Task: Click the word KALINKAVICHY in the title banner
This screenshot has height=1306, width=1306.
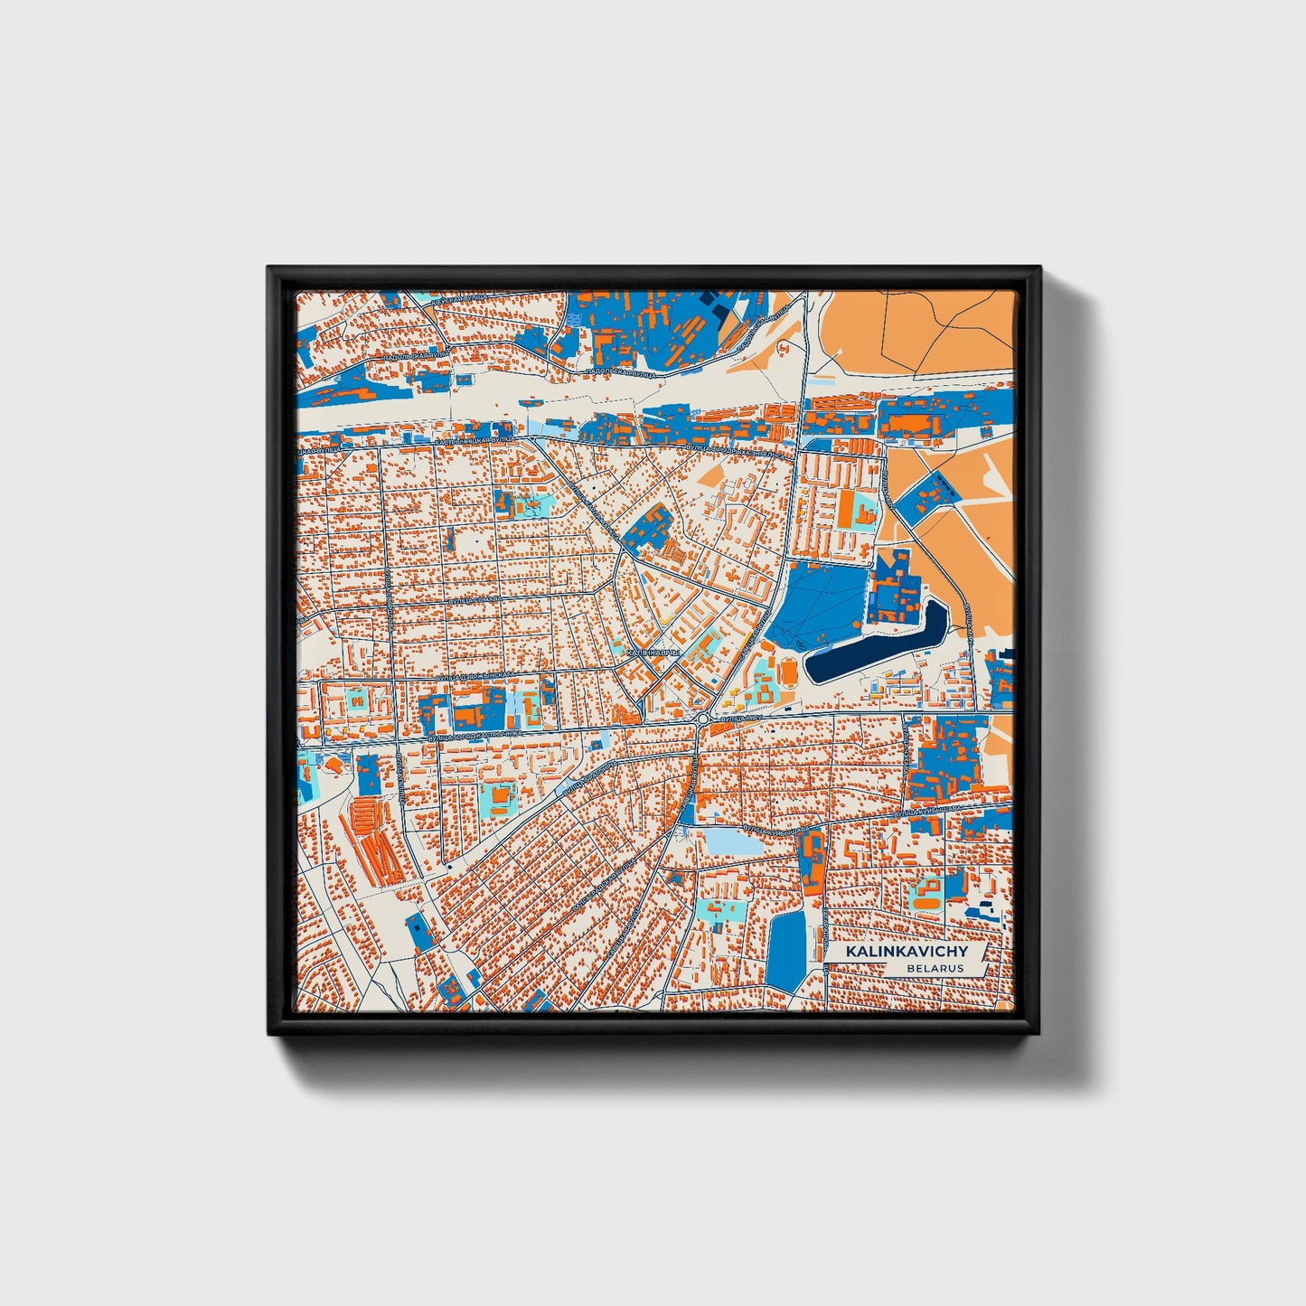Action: pos(906,952)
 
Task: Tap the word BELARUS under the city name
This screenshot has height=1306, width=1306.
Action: pos(936,968)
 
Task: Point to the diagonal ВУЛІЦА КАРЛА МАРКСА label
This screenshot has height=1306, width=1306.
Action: pos(595,507)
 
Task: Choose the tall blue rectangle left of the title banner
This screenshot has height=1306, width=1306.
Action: pos(786,949)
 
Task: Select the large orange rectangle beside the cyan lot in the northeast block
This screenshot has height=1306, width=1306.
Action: pos(847,508)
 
